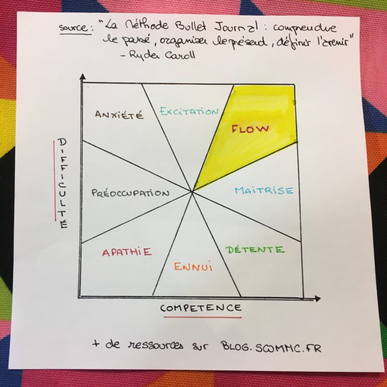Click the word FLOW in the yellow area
coord(250,129)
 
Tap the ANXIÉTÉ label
coord(119,115)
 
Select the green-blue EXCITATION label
coord(189,111)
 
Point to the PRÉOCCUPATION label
coord(131,193)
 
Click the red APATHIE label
coord(127,252)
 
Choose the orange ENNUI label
coord(193,267)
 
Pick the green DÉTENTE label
coord(254,249)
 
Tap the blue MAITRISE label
coord(264,190)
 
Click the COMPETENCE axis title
coord(201,308)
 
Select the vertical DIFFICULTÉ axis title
coord(62,183)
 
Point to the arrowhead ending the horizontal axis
coord(317,299)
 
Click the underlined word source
coord(73,28)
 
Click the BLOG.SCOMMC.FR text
coord(271,347)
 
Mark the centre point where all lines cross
coord(192,191)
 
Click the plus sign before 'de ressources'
coord(96,343)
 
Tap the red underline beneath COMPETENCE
coord(203,317)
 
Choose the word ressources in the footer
coord(156,345)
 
